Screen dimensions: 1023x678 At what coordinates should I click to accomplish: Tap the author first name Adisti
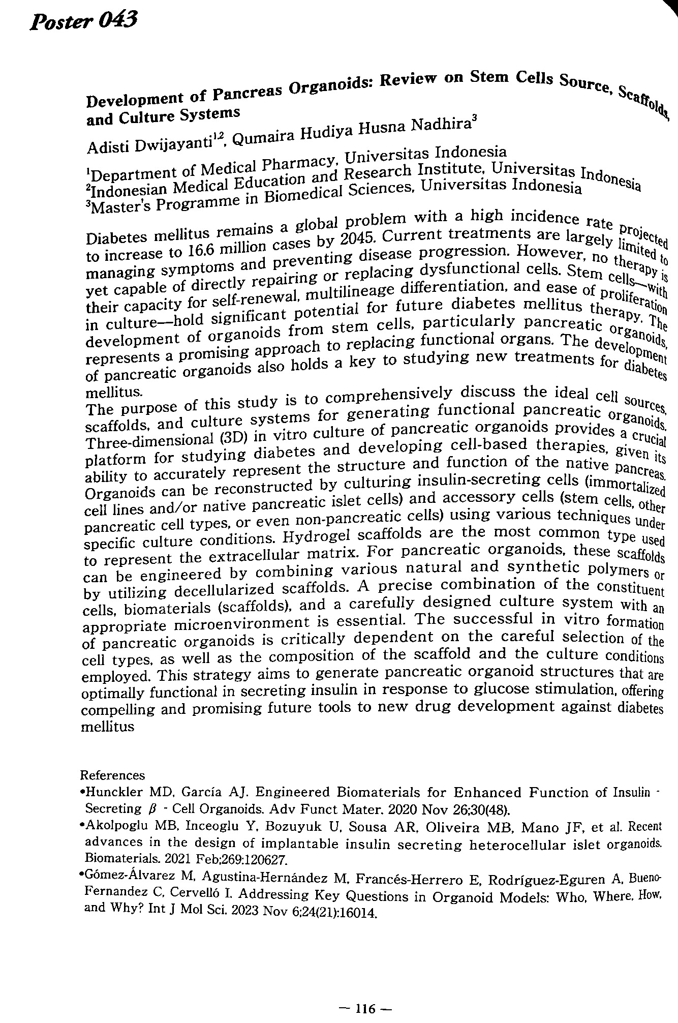click(x=108, y=145)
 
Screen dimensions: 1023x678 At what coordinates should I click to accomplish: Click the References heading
click(x=113, y=775)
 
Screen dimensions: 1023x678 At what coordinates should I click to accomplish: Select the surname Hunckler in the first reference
click(x=116, y=792)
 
